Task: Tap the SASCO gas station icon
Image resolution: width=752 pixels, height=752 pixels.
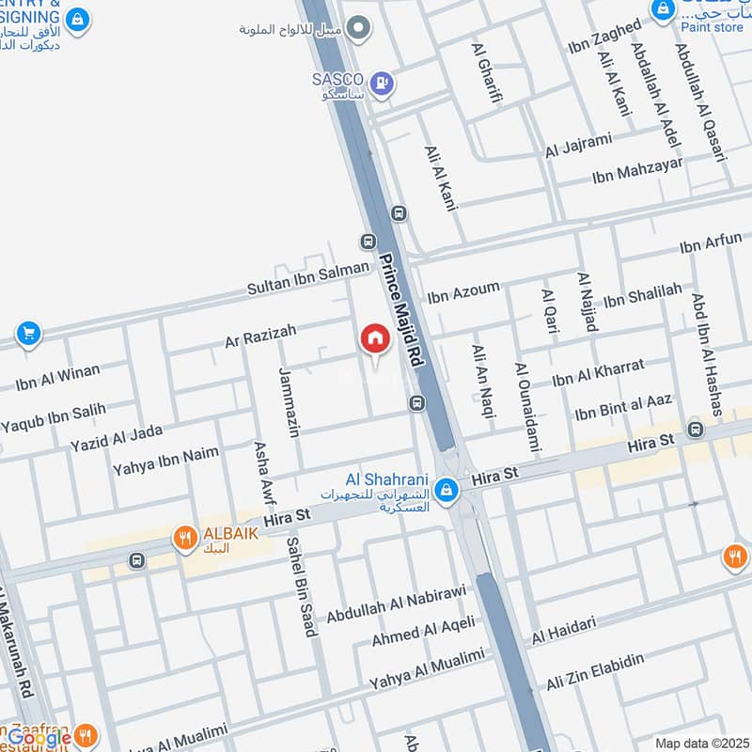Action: [381, 82]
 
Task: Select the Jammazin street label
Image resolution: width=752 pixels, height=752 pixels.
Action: [289, 403]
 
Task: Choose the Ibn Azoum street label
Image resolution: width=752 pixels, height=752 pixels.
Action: [463, 292]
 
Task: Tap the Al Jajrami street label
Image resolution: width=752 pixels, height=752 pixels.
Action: [578, 145]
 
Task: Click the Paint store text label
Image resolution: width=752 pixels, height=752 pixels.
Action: [712, 27]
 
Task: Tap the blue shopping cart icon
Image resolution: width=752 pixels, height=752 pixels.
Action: [28, 333]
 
